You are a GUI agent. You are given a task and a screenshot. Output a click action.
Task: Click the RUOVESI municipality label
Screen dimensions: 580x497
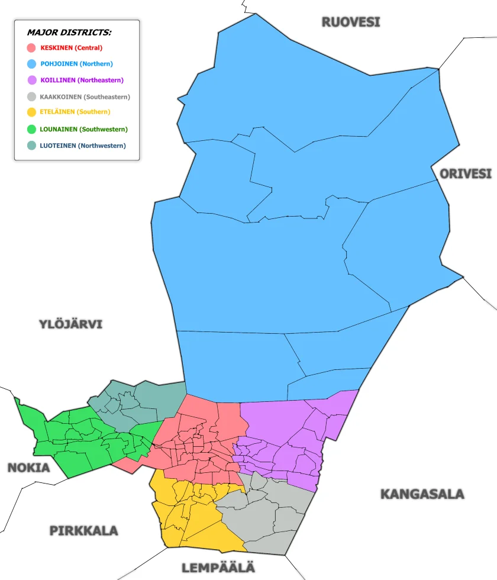pyautogui.click(x=350, y=22)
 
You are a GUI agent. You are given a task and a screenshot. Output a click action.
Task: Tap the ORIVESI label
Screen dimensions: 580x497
pyautogui.click(x=465, y=174)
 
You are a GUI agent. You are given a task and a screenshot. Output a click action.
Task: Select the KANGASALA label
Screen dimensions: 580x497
pyautogui.click(x=421, y=494)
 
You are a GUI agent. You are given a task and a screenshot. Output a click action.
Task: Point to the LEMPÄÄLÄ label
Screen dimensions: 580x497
pyautogui.click(x=218, y=568)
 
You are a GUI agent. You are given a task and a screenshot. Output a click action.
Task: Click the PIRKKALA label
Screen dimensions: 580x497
pyautogui.click(x=83, y=530)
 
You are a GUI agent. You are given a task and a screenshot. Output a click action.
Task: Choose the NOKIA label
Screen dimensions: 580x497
pyautogui.click(x=28, y=468)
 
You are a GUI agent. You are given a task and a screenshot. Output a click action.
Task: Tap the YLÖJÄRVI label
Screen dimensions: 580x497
pyautogui.click(x=70, y=324)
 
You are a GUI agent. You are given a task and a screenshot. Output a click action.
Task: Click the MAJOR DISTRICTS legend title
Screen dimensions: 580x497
pyautogui.click(x=69, y=33)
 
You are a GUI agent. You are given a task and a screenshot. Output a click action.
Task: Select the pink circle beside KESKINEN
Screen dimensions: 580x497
pyautogui.click(x=32, y=48)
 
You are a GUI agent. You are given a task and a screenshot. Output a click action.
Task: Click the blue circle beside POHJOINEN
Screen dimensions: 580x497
pyautogui.click(x=32, y=64)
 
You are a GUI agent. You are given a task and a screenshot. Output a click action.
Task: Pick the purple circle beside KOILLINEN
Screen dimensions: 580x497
pyautogui.click(x=32, y=80)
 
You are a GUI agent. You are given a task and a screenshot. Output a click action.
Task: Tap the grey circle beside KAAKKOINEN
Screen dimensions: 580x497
pyautogui.click(x=32, y=97)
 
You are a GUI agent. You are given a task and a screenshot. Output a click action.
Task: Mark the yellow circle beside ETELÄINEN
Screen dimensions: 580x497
pyautogui.click(x=32, y=112)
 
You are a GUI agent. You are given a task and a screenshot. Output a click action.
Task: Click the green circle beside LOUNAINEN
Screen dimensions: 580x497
pyautogui.click(x=32, y=129)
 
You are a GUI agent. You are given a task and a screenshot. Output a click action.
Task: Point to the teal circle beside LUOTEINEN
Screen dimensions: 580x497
pyautogui.click(x=32, y=146)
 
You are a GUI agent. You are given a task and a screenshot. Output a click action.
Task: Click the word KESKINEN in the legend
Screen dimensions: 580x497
pyautogui.click(x=57, y=48)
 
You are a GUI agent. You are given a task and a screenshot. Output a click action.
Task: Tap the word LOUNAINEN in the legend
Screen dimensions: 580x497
pyautogui.click(x=59, y=129)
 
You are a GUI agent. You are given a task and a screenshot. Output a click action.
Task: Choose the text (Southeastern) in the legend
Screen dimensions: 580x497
pyautogui.click(x=107, y=97)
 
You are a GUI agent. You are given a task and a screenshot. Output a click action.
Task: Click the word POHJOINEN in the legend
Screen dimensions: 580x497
pyautogui.click(x=59, y=64)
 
